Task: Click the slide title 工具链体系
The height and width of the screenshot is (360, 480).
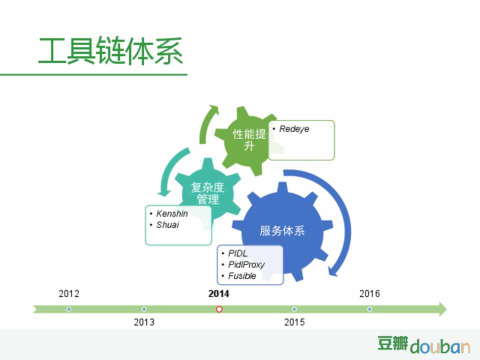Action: pyautogui.click(x=110, y=51)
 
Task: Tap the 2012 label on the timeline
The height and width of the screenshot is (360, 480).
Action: pyautogui.click(x=69, y=293)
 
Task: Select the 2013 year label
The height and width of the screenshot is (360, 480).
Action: pyautogui.click(x=144, y=322)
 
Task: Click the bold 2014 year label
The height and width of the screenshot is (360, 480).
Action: pyautogui.click(x=218, y=293)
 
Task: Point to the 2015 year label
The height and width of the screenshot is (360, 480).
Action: pyautogui.click(x=294, y=322)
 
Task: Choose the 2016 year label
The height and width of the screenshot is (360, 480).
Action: pyautogui.click(x=369, y=293)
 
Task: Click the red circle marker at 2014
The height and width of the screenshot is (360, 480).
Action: pyautogui.click(x=219, y=309)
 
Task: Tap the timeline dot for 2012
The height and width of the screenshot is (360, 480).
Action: pyautogui.click(x=69, y=309)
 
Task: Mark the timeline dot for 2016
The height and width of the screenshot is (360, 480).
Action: pyautogui.click(x=369, y=309)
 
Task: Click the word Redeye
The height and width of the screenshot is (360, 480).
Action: pyautogui.click(x=294, y=129)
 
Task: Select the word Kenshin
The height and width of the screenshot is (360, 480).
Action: pyautogui.click(x=171, y=213)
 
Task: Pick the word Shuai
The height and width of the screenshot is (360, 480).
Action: pyautogui.click(x=167, y=224)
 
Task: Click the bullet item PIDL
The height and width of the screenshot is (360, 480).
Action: pyautogui.click(x=238, y=253)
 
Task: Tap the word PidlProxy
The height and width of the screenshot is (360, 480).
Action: pyautogui.click(x=246, y=264)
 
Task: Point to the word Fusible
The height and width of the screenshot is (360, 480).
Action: pyautogui.click(x=242, y=276)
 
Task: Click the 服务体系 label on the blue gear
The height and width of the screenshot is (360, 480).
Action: pyautogui.click(x=282, y=231)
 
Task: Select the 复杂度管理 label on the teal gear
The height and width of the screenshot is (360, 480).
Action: pyautogui.click(x=207, y=193)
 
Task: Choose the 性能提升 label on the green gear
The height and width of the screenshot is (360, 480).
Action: pyautogui.click(x=249, y=140)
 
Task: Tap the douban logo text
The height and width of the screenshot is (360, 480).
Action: pyautogui.click(x=440, y=346)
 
